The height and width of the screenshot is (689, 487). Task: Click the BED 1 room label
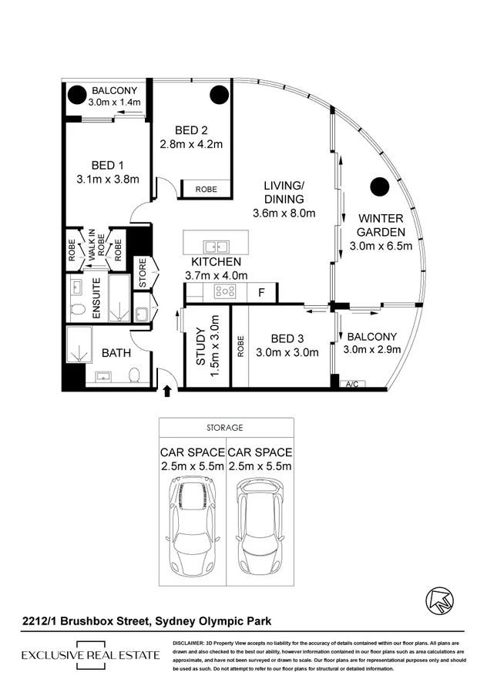point(107,165)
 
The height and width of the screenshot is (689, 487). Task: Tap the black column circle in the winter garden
point(378,186)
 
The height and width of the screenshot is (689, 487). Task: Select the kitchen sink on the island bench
point(215,247)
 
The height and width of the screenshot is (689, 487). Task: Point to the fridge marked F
point(261,292)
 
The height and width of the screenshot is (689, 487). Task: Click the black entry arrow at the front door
point(167,391)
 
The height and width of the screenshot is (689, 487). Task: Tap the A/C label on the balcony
point(353,384)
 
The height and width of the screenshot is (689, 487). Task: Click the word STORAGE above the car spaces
point(225,427)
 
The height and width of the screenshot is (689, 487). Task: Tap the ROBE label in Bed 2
point(206,189)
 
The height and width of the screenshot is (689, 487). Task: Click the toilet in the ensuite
point(76,309)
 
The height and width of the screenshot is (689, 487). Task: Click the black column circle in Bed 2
point(218,96)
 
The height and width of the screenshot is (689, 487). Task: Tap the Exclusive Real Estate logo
point(90,655)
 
